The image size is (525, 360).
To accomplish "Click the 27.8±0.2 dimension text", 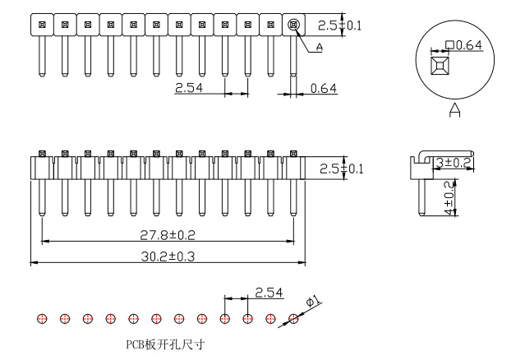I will pyautogui.click(x=167, y=235).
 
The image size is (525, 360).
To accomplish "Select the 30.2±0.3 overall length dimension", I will pyautogui.click(x=167, y=256).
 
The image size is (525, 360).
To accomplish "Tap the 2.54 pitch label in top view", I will pyautogui.click(x=190, y=86).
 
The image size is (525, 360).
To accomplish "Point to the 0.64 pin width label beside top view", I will pyautogui.click(x=324, y=87).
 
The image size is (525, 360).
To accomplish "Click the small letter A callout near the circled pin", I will pyautogui.click(x=319, y=48).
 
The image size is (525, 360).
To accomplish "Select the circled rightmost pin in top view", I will pyautogui.click(x=293, y=25).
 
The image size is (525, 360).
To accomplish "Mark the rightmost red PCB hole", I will pyautogui.click(x=292, y=319).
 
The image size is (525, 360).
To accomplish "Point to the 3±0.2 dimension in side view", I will pyautogui.click(x=453, y=163).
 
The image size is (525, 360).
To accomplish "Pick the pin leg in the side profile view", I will pyautogui.click(x=421, y=197).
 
